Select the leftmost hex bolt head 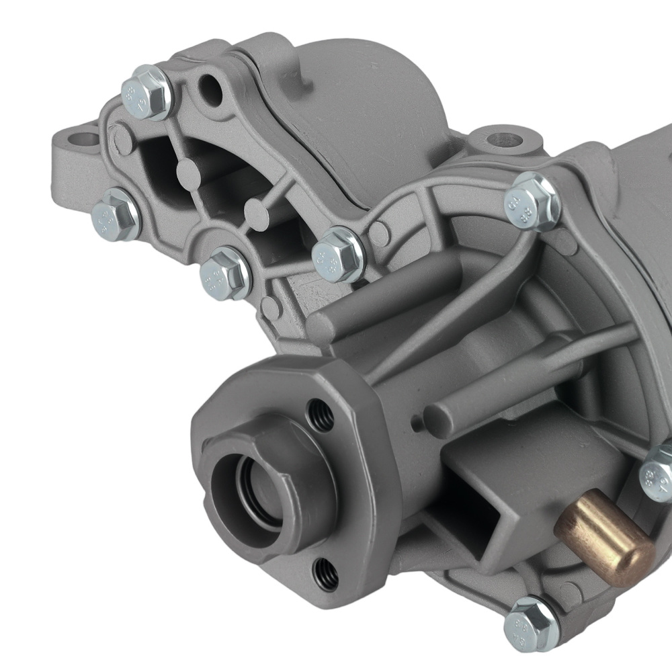click(x=116, y=215)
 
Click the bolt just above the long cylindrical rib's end click(x=339, y=253)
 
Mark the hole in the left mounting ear click(x=85, y=140)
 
